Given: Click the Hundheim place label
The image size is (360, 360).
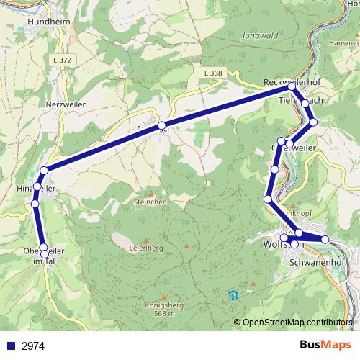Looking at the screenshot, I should pyautogui.click(x=47, y=22).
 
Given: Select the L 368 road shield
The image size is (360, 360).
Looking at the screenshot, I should pyautogui.click(x=212, y=73).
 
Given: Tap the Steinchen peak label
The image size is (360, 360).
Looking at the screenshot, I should pyautogui.click(x=150, y=202).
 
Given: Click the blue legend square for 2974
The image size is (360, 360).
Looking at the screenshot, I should pyautogui.click(x=11, y=346).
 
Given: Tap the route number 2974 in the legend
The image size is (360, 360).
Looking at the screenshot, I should pyautogui.click(x=33, y=346).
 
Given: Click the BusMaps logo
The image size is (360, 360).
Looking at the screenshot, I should pyautogui.click(x=323, y=346).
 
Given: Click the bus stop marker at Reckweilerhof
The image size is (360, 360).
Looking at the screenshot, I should pyautogui.click(x=292, y=86).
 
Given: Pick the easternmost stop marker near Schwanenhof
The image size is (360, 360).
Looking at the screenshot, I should pyautogui.click(x=325, y=239).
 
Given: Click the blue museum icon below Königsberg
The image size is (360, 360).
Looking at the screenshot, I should pyautogui.click(x=233, y=295).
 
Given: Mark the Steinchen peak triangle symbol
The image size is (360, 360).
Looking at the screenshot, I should pyautogui.click(x=150, y=193).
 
